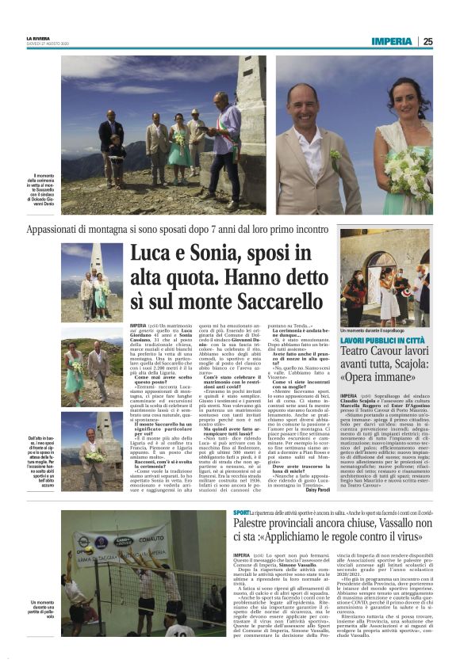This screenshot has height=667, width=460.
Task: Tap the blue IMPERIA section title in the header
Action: [391, 41]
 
